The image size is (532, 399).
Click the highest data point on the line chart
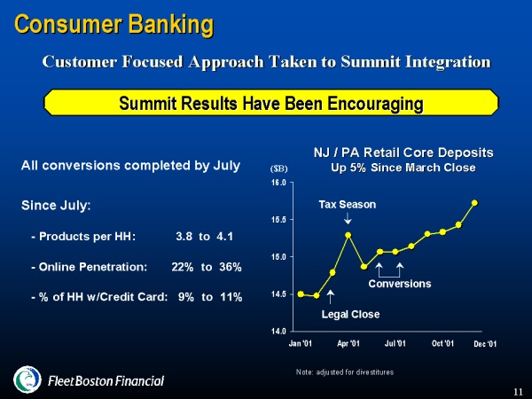[x=474, y=203]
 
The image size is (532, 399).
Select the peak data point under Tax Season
[x=348, y=235]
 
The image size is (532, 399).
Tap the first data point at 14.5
[x=301, y=294]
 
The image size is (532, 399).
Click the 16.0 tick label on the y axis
[x=278, y=183]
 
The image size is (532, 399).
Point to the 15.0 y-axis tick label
[x=278, y=257]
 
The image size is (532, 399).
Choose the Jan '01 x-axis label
[x=301, y=343]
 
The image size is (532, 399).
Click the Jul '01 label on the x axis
[x=395, y=343]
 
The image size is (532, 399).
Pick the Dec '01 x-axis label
[x=485, y=344]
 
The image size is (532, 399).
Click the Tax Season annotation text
[x=348, y=205]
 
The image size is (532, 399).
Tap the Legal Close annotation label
[x=350, y=315]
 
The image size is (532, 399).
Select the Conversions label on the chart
[x=400, y=284]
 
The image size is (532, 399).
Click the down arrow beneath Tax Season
[x=348, y=218]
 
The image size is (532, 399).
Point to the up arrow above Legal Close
[x=331, y=297]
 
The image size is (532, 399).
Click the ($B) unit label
[x=279, y=168]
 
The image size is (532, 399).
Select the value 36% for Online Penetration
[x=231, y=267]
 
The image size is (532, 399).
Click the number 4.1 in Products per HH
[x=224, y=236]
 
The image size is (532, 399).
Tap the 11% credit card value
[x=231, y=297]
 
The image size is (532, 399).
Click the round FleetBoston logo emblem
[x=27, y=379]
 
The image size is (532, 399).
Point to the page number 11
[x=518, y=392]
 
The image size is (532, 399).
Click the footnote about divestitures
[x=345, y=372]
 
